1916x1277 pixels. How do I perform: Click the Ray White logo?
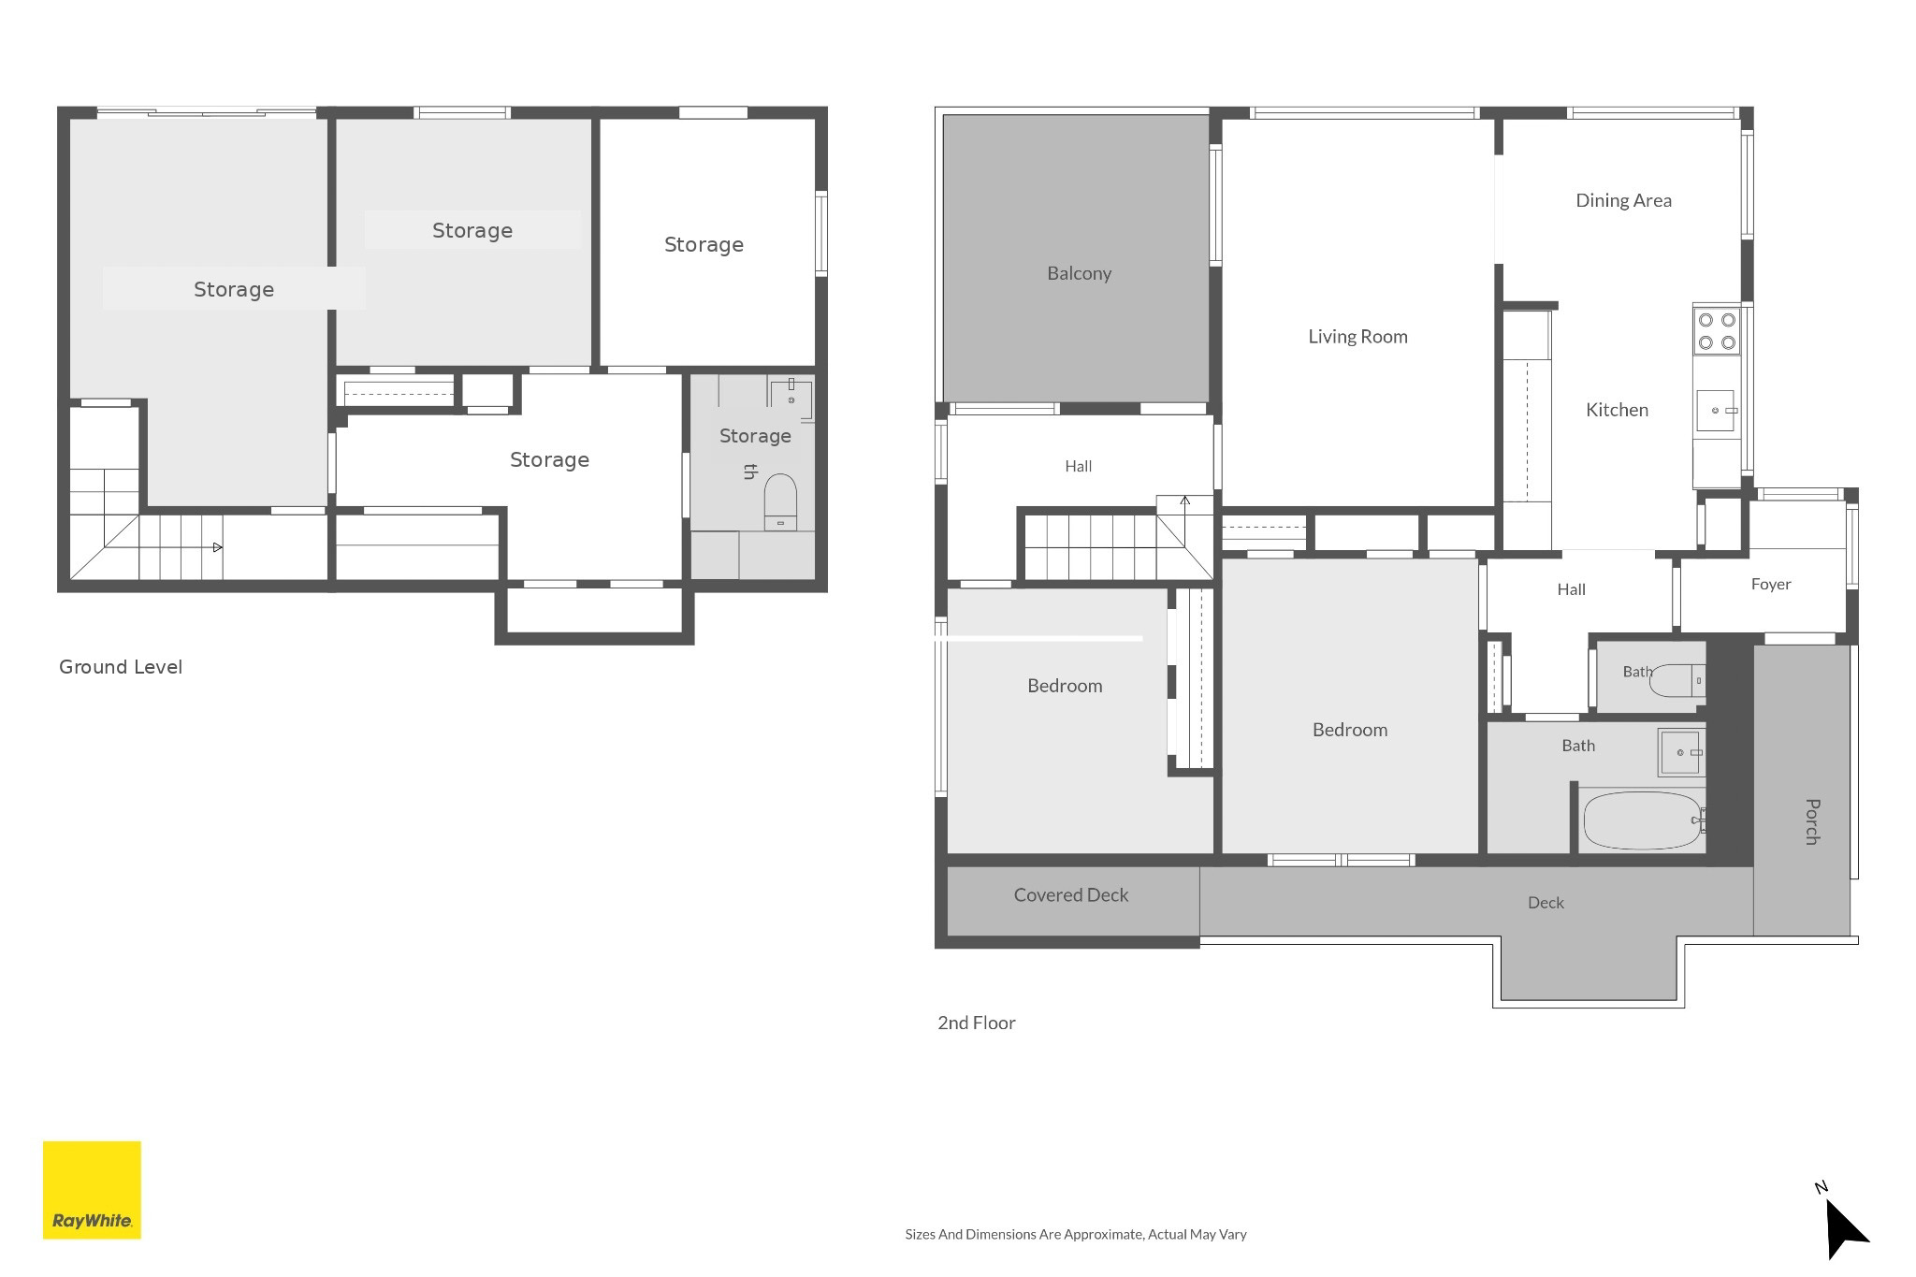point(92,1190)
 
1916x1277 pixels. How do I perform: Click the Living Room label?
point(1357,337)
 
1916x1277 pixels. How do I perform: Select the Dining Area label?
point(1623,200)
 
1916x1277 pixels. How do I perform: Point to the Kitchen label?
point(1617,410)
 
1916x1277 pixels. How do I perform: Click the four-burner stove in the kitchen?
point(1717,331)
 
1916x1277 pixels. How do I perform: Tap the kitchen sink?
point(1717,411)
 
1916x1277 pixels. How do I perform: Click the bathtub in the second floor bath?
point(1643,820)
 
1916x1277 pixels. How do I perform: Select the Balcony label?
point(1079,273)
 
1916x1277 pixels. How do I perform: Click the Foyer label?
point(1771,585)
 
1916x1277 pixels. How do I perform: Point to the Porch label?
point(1812,821)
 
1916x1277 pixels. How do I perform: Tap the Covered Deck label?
point(1071,895)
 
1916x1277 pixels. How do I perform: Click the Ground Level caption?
point(121,667)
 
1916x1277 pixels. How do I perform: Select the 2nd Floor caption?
point(977,1023)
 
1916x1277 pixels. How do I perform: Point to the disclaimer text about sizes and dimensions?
point(1076,1234)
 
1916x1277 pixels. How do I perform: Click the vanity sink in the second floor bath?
point(1681,752)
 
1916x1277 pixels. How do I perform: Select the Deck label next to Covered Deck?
point(1546,903)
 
